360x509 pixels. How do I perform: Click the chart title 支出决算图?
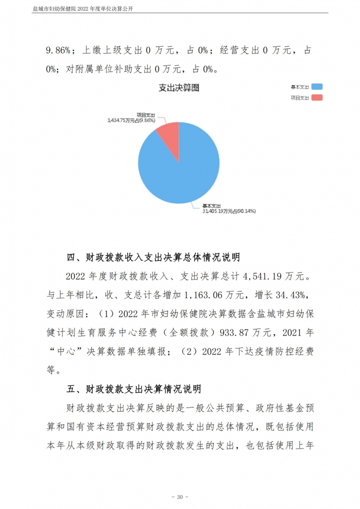coord(178,87)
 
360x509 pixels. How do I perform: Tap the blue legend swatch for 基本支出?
coord(316,87)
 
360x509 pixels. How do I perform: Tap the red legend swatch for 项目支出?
coord(316,97)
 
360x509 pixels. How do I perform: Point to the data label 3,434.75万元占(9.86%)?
coord(131,120)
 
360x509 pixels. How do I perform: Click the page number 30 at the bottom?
coord(179,497)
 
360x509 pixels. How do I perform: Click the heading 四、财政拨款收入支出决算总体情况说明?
coord(153,257)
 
